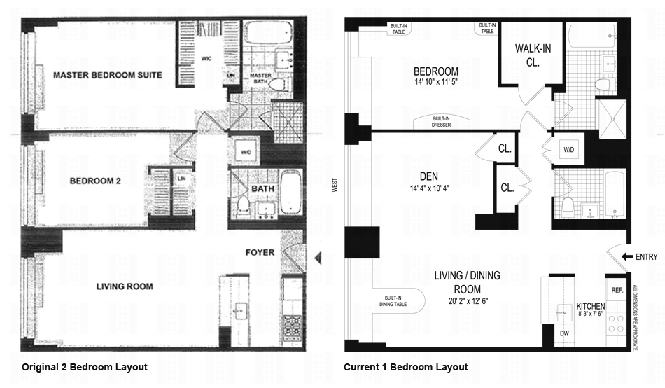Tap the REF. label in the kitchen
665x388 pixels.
coord(617,291)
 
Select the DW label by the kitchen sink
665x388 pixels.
coord(564,333)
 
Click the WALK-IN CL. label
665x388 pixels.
coord(533,55)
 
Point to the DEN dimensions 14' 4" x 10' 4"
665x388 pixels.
coord(429,188)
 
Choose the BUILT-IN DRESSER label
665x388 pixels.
coord(441,122)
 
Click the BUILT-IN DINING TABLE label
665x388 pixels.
coord(393,301)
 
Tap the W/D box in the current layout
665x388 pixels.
coord(568,150)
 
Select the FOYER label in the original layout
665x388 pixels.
coord(260,253)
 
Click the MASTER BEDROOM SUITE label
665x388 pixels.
coord(108,75)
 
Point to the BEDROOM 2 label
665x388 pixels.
coord(95,181)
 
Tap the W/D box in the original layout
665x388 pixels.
coord(246,152)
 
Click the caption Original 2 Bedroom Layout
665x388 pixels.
coord(85,367)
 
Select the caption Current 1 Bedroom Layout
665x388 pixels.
coord(405,367)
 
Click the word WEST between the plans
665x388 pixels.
coord(335,185)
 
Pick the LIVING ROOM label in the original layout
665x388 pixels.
coord(125,286)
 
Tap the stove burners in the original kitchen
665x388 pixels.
coord(292,326)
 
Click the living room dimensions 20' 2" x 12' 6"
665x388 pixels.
coord(468,301)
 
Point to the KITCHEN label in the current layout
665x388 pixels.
coord(590,306)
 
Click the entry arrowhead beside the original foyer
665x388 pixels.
coord(318,258)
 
